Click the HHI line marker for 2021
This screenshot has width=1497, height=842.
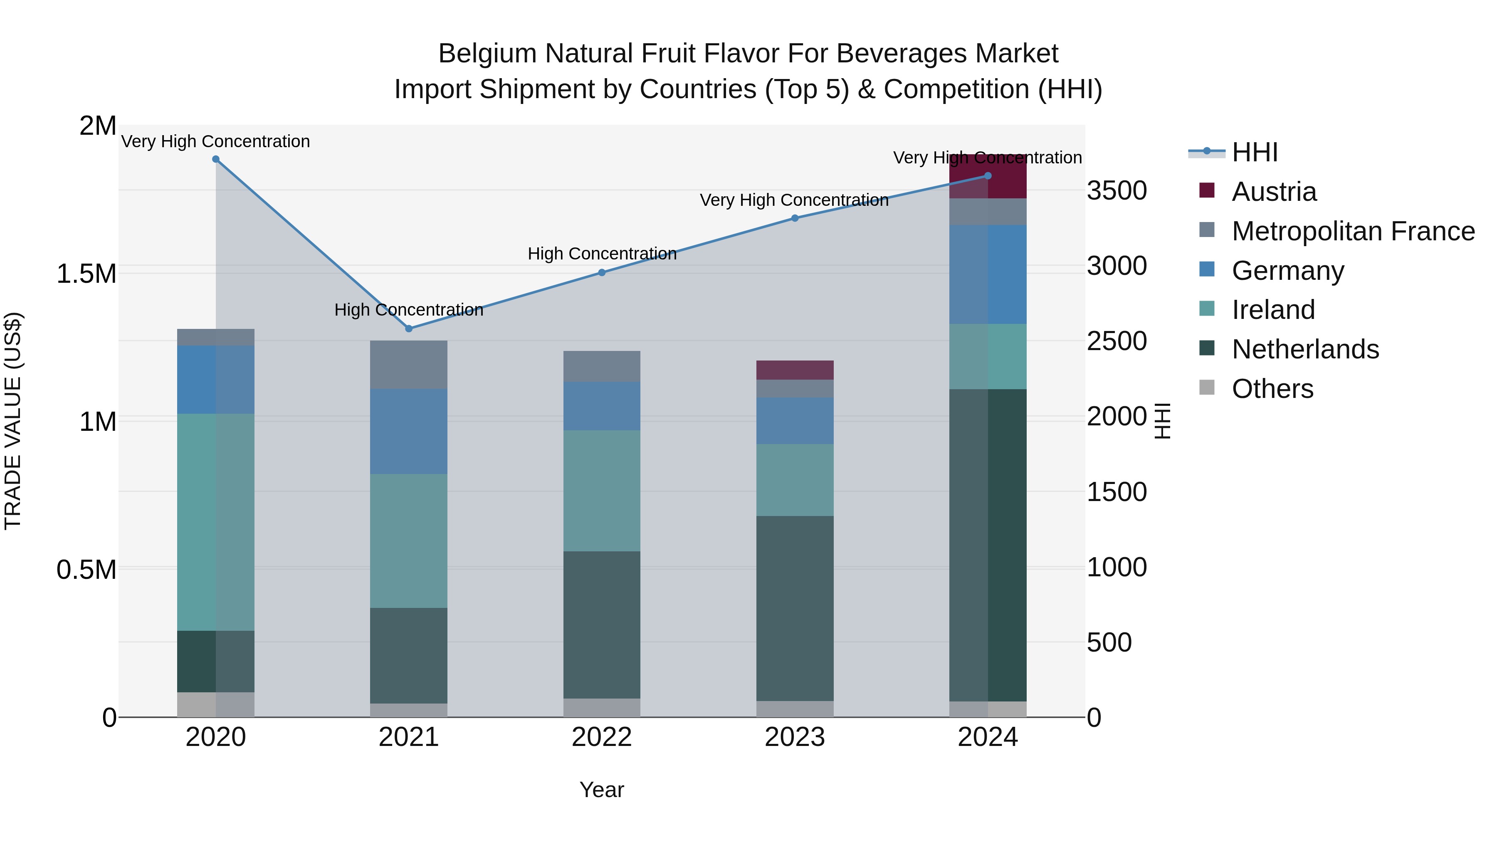[408, 328]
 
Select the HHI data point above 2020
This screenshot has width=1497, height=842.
[215, 159]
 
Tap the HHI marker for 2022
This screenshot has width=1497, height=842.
[601, 272]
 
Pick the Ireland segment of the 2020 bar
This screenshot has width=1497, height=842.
[215, 521]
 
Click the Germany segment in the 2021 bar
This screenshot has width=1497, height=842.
[408, 431]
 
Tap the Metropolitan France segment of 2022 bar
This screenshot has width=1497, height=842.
[601, 366]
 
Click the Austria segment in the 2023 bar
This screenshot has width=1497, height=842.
[794, 370]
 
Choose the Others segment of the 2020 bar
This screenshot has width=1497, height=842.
[215, 704]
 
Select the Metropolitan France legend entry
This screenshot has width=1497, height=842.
[1352, 231]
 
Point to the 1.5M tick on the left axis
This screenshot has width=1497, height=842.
[86, 274]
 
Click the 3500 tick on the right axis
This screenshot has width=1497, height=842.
[1117, 190]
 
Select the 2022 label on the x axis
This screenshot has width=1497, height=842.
[601, 737]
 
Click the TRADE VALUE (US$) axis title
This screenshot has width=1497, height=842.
[13, 421]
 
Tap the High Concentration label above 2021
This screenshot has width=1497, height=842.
[408, 310]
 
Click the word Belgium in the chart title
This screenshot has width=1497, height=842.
[487, 54]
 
